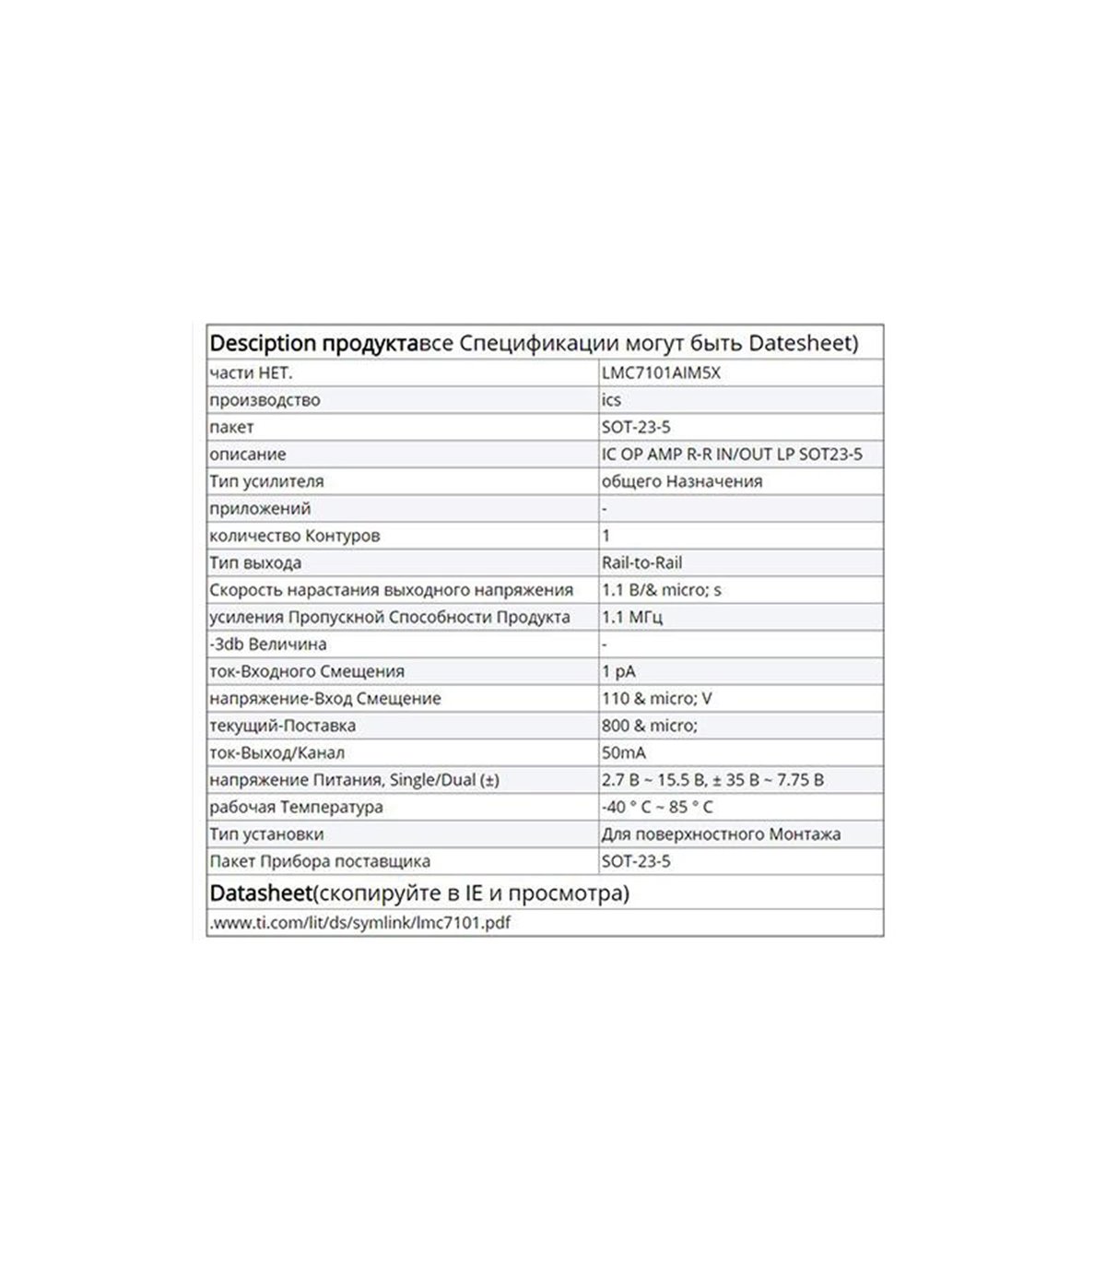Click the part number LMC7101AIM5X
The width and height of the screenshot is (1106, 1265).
pos(661,373)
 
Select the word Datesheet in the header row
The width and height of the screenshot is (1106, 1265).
pos(798,343)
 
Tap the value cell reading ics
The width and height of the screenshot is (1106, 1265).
pos(611,400)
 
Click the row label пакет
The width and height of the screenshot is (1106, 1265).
pos(231,427)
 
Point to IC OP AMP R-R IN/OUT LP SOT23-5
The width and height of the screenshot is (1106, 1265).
pos(732,455)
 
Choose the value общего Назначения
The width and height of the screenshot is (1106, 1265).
pos(681,481)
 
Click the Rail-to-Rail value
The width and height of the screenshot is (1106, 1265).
pos(641,562)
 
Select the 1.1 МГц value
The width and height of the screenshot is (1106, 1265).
pos(631,617)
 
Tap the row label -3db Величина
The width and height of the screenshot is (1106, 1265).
pos(268,644)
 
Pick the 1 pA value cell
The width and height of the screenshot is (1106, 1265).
pos(618,671)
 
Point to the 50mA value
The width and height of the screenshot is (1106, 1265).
pos(624,752)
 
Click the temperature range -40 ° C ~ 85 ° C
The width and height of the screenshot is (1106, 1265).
pos(657,807)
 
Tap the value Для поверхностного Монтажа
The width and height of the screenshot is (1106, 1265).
pos(721,834)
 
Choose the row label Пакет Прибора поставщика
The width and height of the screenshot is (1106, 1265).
pos(320,861)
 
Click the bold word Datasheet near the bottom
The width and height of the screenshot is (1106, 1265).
pos(261,893)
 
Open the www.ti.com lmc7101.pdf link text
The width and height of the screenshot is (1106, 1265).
pos(359,922)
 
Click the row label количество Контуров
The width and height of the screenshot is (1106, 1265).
pos(294,536)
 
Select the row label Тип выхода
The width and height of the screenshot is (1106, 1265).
pos(255,562)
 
